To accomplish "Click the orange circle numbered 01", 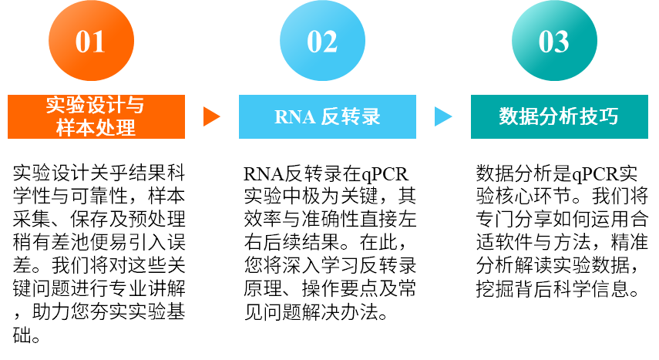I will coord(91,41).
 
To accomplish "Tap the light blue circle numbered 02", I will coord(322,41).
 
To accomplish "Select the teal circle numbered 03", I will coord(554,41).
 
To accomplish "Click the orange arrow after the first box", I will coord(211,116).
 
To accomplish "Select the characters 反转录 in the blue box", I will coord(351,117).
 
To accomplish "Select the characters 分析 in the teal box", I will coord(559,117).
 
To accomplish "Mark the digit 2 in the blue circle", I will coord(331,42).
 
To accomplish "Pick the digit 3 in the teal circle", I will coord(563,42).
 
